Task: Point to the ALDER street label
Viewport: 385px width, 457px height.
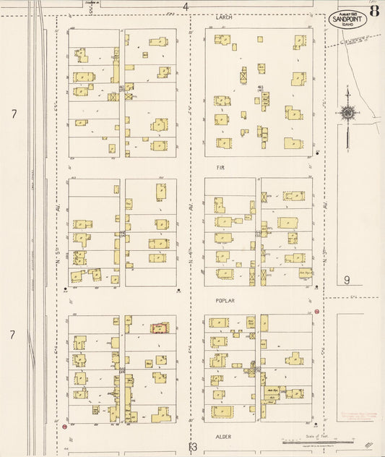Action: (x=222, y=436)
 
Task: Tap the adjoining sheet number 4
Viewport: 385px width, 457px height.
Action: (x=186, y=7)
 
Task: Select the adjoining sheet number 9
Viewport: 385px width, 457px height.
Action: (x=347, y=280)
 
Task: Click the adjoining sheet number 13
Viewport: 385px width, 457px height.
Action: (x=193, y=448)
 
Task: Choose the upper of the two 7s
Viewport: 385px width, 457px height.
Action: (x=13, y=114)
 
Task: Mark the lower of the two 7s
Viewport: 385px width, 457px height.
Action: (x=13, y=335)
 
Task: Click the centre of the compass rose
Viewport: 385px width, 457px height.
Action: (x=348, y=113)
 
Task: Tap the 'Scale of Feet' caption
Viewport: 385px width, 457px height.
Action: (x=316, y=435)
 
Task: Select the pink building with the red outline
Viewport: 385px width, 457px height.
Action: (x=159, y=328)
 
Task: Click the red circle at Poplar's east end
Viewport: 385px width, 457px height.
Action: (x=316, y=312)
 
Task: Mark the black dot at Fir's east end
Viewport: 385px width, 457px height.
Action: (x=317, y=153)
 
